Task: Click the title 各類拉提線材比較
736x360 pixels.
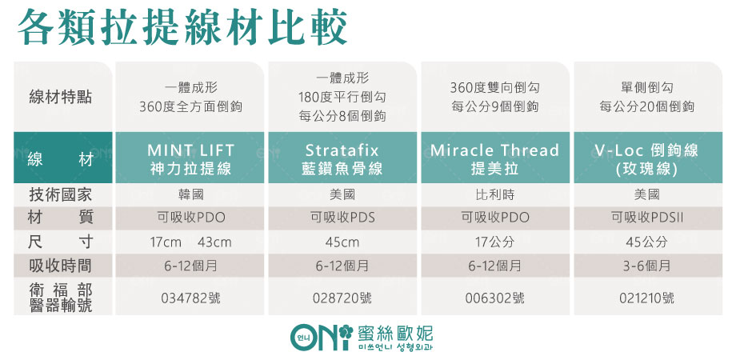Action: tap(182, 26)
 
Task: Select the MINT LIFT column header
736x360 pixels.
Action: tap(190, 158)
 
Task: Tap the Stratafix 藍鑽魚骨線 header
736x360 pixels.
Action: tap(342, 158)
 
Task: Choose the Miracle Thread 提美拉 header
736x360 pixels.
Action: tap(494, 158)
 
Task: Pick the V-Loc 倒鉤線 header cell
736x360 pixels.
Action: tap(648, 158)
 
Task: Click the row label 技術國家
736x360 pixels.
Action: tap(61, 194)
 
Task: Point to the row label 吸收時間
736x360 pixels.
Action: tap(61, 266)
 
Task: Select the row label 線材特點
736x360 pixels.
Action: tap(61, 98)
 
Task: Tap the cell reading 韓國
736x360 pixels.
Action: tap(191, 194)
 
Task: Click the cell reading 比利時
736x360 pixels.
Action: tap(494, 194)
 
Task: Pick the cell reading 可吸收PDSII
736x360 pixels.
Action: tap(647, 218)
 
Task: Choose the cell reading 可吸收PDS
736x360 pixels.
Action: tap(342, 218)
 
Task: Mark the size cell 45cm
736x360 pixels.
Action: tap(342, 242)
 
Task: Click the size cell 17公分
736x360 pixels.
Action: tap(494, 242)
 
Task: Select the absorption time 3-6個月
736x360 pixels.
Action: tap(647, 266)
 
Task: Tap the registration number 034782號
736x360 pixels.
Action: tap(190, 298)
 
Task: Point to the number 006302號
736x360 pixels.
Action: tap(494, 298)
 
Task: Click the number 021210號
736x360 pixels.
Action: tap(647, 298)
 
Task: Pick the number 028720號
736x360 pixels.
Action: tap(342, 298)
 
